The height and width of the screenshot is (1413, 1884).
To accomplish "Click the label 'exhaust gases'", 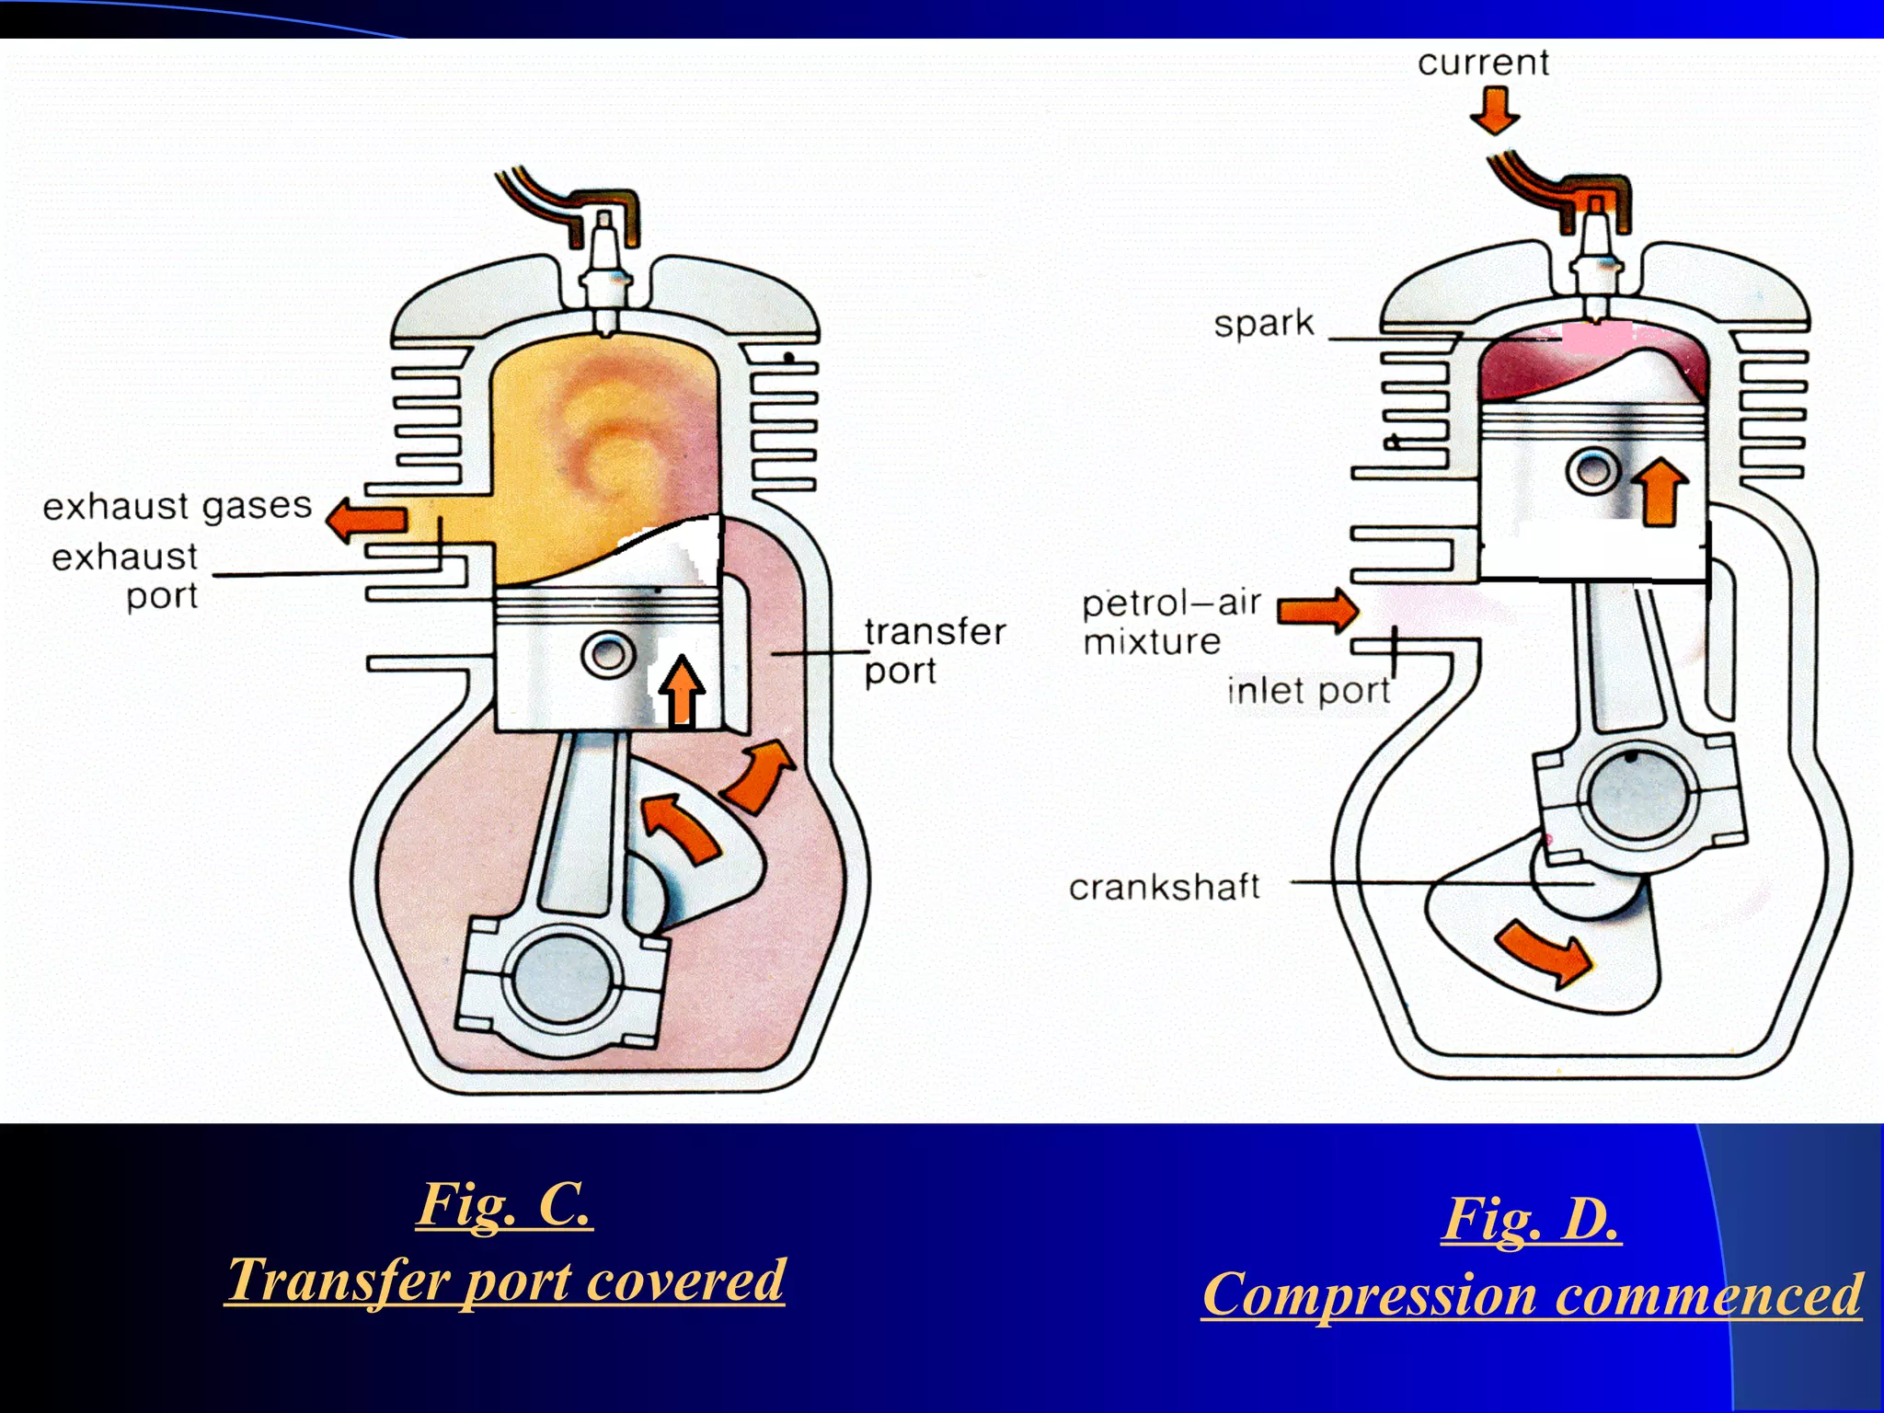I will point(178,507).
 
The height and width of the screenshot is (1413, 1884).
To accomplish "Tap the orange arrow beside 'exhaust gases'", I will point(367,519).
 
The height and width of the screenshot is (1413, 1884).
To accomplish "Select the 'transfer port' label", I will point(934,650).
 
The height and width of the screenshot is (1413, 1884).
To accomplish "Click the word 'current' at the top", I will point(1483,63).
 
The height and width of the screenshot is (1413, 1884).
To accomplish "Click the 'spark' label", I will point(1264,324).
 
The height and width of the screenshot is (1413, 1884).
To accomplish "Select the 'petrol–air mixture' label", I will point(1170,622).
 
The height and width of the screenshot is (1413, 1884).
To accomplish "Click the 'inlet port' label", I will point(1308,691).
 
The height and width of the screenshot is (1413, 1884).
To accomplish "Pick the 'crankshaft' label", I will point(1164,887).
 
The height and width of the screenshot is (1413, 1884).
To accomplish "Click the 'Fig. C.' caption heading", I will point(504,1203).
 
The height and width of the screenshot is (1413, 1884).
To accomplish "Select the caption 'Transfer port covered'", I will point(505,1280).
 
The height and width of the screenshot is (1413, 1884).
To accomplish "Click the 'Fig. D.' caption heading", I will point(1531,1219).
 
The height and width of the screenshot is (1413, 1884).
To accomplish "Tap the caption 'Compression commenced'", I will point(1532,1294).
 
